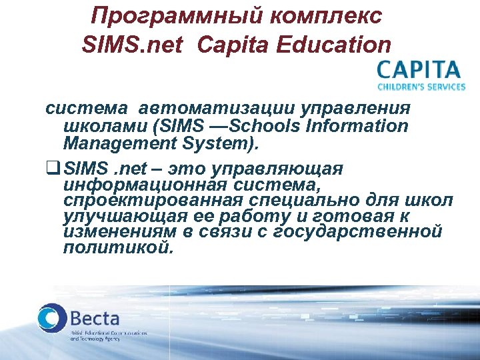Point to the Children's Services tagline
pos(421,87)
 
